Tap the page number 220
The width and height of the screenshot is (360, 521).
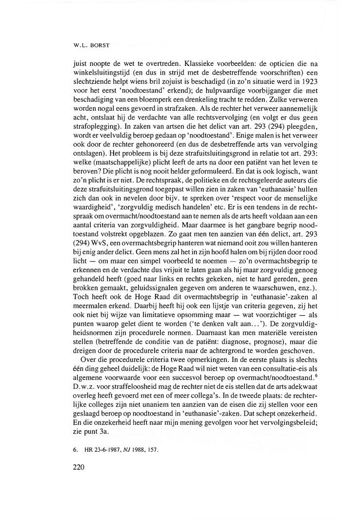click(78, 467)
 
